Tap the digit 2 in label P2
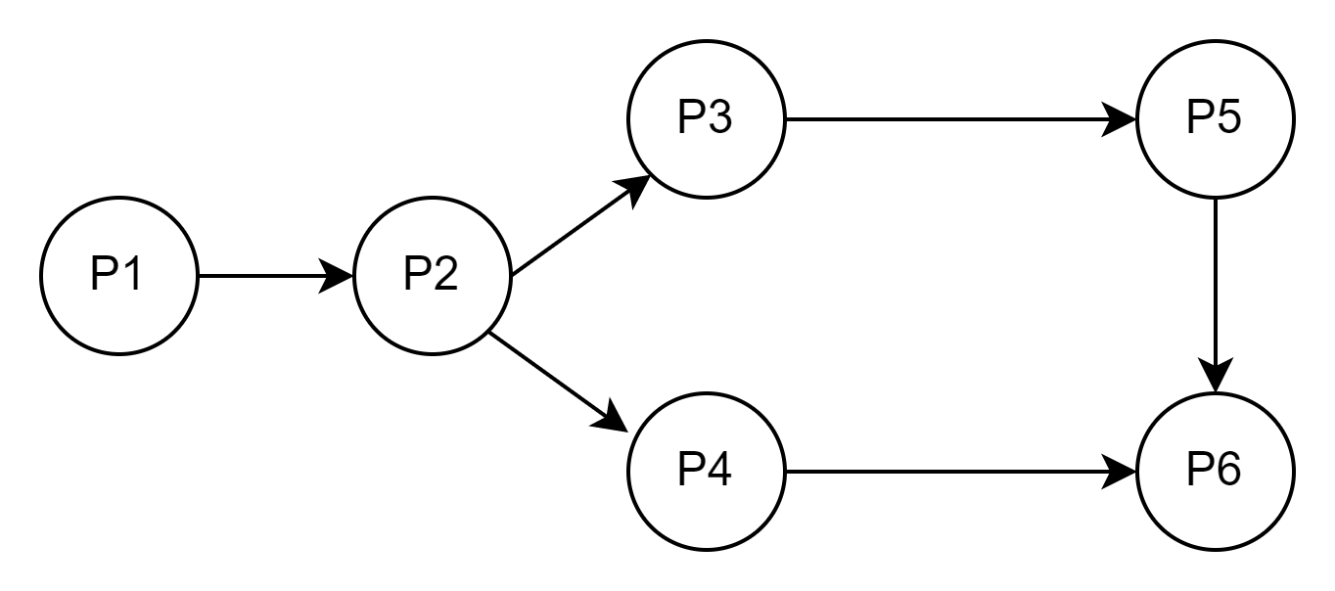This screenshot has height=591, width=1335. [444, 275]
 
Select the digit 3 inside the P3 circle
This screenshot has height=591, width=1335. [718, 118]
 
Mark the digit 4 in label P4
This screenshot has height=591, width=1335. [718, 471]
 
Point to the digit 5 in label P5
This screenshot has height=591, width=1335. [1227, 118]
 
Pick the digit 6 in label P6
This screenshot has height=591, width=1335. [1227, 471]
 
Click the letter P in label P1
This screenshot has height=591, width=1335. [105, 275]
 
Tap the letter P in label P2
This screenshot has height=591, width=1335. [418, 275]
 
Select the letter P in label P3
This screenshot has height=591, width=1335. [692, 118]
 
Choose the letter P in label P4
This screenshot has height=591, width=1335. [692, 471]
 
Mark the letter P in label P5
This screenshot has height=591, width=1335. [1201, 118]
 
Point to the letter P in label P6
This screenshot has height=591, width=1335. [1201, 471]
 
